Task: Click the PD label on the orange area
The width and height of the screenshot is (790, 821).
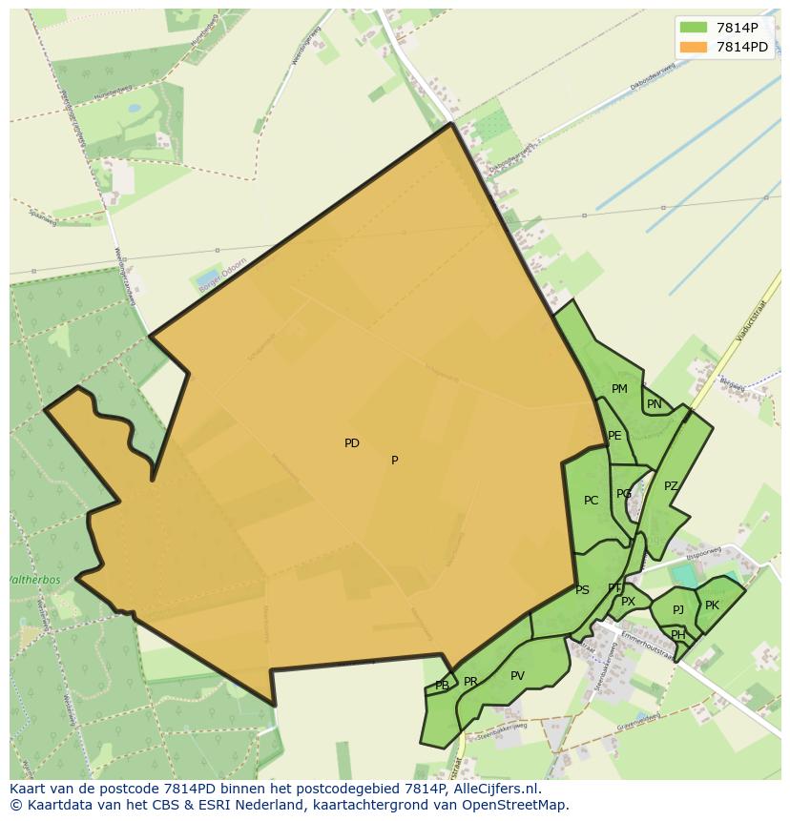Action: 352,443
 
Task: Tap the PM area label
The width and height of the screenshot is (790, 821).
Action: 619,389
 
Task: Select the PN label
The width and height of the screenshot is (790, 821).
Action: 655,404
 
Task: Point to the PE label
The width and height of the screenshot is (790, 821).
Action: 614,436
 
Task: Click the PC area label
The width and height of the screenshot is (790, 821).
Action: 592,501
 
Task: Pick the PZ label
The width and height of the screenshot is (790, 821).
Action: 671,486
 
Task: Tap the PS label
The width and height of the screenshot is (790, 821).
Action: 582,590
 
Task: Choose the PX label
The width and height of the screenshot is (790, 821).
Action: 628,602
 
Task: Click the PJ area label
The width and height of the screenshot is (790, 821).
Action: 678,610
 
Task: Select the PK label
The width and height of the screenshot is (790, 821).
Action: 712,605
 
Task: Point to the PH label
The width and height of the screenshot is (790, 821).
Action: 677,635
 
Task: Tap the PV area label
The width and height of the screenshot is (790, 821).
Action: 517,676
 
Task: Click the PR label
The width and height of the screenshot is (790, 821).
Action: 470,682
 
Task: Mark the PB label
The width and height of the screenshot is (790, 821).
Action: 442,686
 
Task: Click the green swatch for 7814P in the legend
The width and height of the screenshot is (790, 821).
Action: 694,28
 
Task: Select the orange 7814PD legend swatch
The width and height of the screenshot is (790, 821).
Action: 694,46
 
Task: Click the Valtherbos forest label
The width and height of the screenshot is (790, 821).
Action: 34,580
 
